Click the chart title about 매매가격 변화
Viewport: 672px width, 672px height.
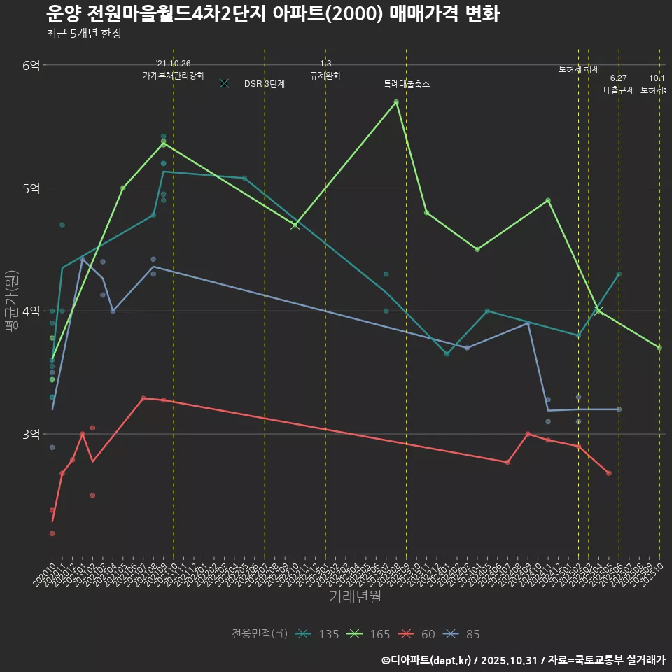273,14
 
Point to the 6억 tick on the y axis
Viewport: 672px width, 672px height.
31,65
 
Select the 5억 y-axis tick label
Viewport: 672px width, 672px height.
31,188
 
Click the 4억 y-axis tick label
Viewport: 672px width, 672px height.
31,311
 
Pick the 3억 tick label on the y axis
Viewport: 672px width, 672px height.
31,434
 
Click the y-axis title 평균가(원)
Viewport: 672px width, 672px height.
12,302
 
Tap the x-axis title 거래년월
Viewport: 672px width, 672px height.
355,597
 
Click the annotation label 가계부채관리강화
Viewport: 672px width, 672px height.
174,76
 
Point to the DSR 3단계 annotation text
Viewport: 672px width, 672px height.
264,84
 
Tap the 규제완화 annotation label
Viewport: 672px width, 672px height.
325,76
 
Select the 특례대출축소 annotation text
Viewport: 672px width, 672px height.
407,84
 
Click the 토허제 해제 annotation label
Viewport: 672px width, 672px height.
579,69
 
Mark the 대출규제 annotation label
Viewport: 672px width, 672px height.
619,90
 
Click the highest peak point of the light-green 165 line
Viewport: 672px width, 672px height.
396,102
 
